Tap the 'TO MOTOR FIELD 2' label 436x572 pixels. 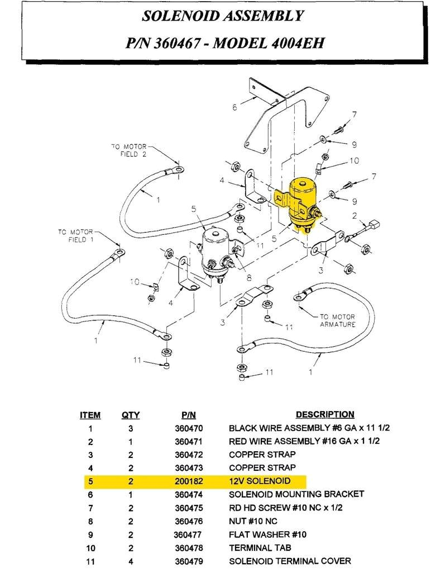(x=129, y=150)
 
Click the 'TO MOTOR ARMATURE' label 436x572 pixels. (x=337, y=320)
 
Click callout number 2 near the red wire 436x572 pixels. (x=354, y=216)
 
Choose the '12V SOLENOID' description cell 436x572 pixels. (x=260, y=481)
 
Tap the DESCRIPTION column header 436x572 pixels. (x=324, y=414)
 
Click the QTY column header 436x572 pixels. (x=131, y=415)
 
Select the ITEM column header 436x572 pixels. (x=90, y=415)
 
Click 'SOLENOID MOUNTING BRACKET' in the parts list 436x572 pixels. (x=296, y=494)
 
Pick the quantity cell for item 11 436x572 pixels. (x=131, y=561)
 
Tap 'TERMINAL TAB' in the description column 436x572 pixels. (x=260, y=547)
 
